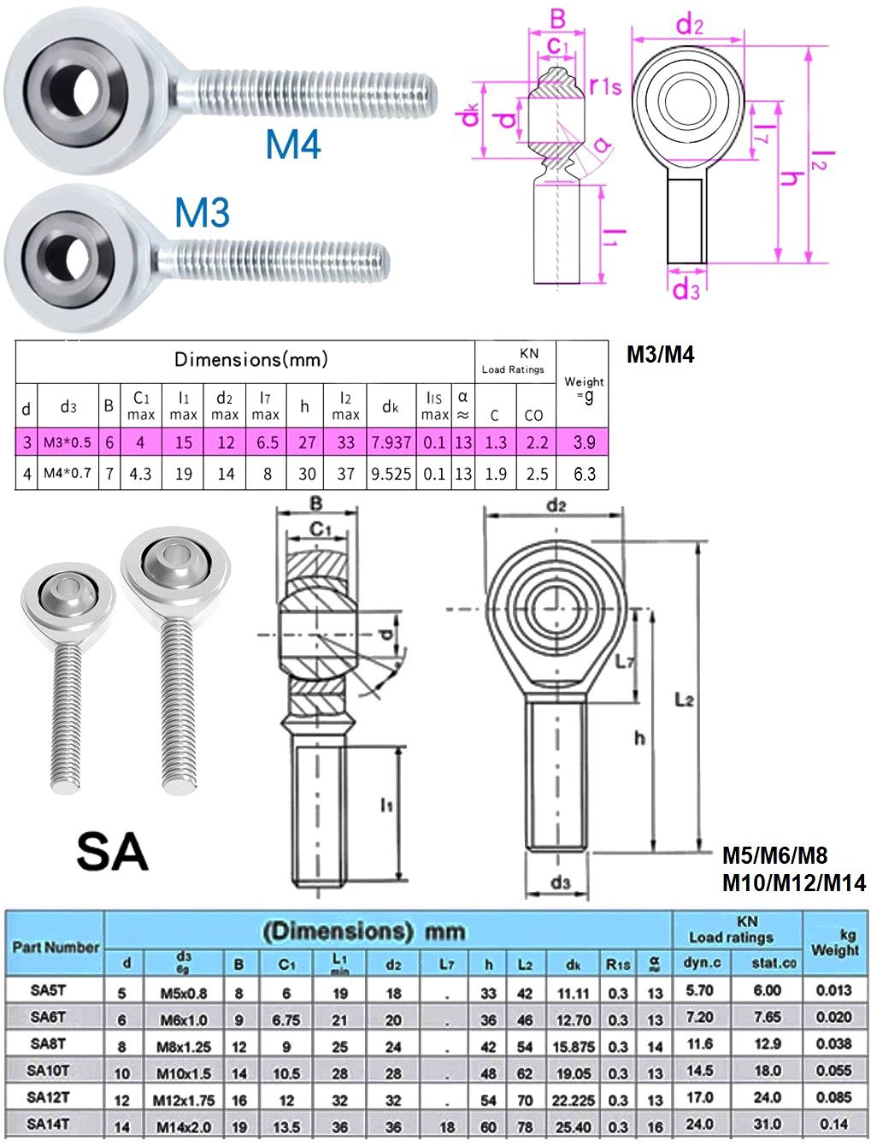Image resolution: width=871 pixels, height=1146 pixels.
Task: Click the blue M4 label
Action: click(x=292, y=144)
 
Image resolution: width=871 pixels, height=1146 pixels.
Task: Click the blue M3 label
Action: click(x=203, y=212)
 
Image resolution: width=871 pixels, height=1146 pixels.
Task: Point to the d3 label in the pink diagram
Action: click(x=686, y=290)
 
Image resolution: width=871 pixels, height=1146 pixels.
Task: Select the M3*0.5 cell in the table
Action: click(x=68, y=442)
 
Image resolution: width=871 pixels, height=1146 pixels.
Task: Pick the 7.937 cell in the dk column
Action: click(x=391, y=442)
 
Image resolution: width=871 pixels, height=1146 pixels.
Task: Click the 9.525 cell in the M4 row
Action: click(x=391, y=473)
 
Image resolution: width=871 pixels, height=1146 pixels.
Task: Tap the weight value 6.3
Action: click(x=585, y=473)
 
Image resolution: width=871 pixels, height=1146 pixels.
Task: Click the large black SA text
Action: click(x=112, y=852)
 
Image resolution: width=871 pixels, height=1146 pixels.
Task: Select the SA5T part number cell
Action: click(x=49, y=989)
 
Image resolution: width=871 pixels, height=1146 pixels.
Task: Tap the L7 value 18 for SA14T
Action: click(x=447, y=1126)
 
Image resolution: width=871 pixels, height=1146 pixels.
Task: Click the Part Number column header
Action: click(x=56, y=947)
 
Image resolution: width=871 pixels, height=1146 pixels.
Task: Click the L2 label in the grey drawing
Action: click(x=684, y=700)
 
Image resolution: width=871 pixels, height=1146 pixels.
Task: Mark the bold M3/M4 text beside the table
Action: click(x=660, y=355)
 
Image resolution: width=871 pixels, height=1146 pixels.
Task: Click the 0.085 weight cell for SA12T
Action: click(x=833, y=1097)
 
